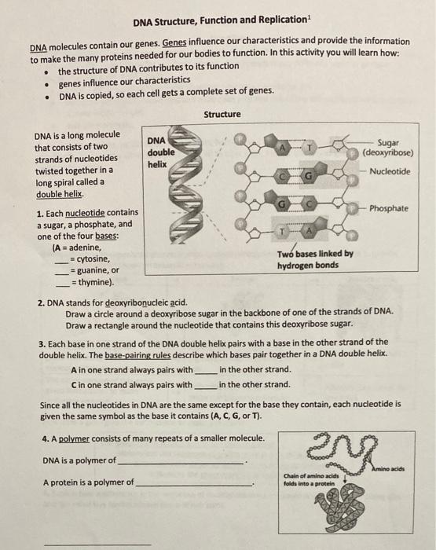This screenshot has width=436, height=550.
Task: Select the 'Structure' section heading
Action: click(x=222, y=115)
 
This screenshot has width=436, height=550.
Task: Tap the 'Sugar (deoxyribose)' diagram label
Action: click(x=388, y=148)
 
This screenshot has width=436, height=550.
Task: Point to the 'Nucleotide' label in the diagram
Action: click(x=390, y=171)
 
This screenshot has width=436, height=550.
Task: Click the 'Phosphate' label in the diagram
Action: click(x=389, y=208)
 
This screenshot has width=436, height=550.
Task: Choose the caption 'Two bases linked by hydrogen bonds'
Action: click(x=315, y=259)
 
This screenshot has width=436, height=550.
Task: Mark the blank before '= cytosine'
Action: click(x=62, y=262)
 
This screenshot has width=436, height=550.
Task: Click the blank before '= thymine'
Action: click(x=63, y=286)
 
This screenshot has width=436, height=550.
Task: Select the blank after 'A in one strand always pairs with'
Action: click(x=206, y=373)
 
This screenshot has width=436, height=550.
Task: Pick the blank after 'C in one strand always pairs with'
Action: click(x=206, y=388)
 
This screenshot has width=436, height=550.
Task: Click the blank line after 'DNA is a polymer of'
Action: click(x=181, y=464)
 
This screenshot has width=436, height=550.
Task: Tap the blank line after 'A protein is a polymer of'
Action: click(x=194, y=486)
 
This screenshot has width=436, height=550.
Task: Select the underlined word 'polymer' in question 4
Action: click(x=74, y=438)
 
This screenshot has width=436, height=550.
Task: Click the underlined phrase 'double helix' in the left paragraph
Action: click(x=59, y=194)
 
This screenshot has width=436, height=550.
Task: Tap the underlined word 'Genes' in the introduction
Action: click(x=174, y=42)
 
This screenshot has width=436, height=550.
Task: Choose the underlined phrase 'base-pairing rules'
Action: click(x=137, y=355)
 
